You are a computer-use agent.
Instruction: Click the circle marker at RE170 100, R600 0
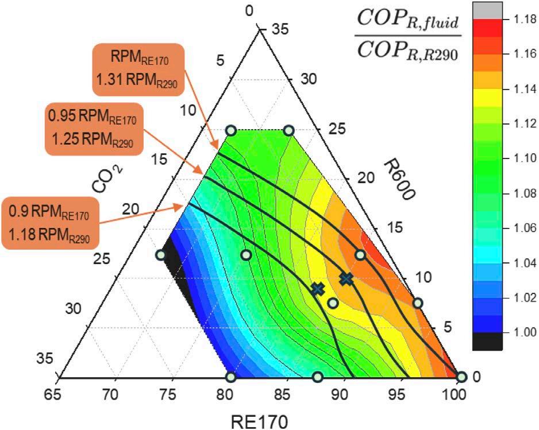point(461,377)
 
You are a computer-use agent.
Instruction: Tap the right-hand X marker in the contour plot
point(346,279)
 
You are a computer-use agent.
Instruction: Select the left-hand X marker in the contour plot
point(317,289)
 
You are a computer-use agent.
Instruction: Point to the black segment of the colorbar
point(487,342)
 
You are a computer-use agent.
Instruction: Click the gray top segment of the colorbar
point(487,11)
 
